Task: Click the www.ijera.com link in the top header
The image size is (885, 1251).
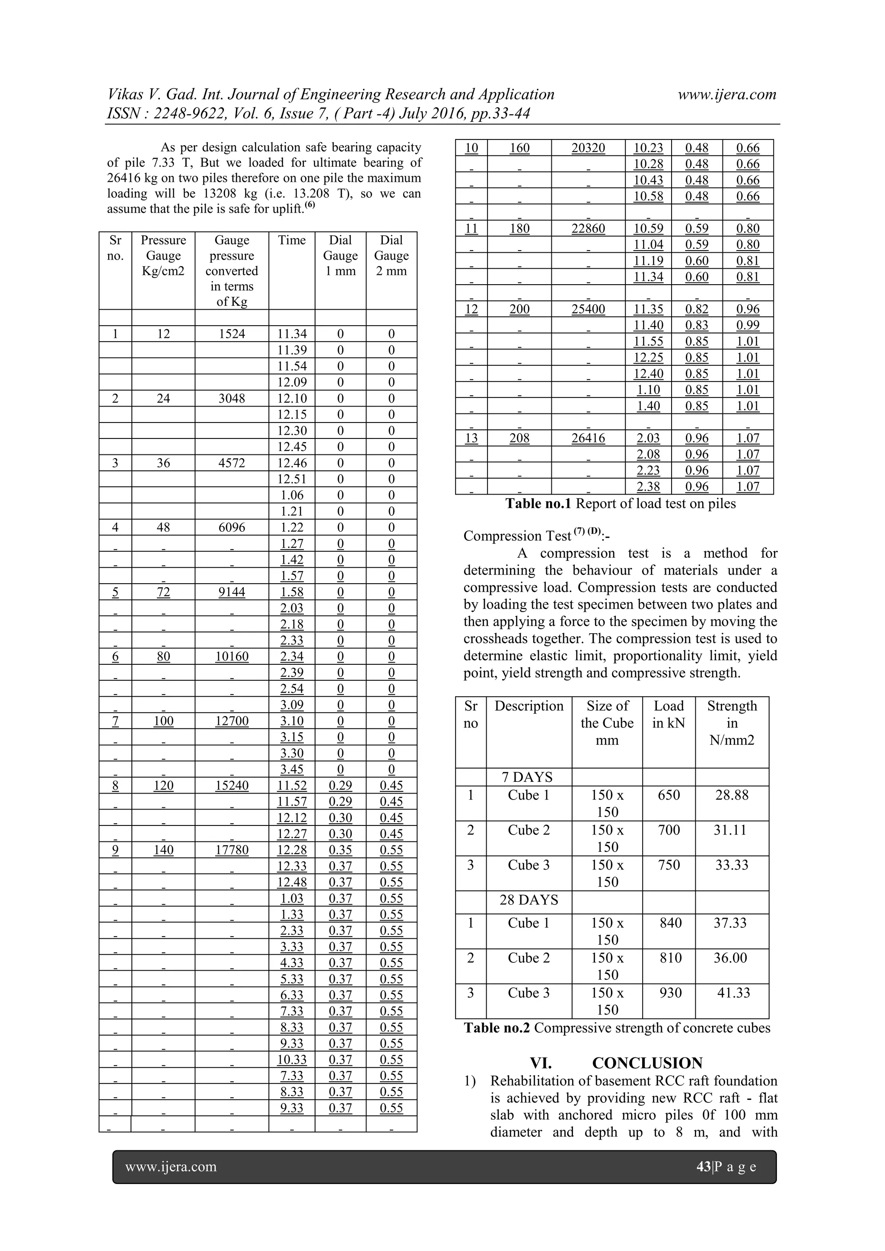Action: coord(726,94)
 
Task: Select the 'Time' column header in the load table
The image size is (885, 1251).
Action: coord(292,240)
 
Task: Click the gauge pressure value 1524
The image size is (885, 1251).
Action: coord(232,334)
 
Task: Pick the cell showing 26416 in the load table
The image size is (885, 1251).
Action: coord(588,438)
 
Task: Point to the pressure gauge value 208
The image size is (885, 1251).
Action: coord(519,438)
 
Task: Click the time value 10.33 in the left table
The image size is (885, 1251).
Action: coord(292,1060)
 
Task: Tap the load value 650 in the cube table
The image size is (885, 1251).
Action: coord(668,795)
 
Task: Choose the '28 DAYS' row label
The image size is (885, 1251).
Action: coord(528,899)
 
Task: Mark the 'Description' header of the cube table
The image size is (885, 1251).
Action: coord(528,706)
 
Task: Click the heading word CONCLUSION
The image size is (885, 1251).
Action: coord(647,1063)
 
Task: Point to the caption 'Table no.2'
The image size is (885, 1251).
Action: coord(497,1028)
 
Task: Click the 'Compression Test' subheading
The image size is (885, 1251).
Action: coord(516,536)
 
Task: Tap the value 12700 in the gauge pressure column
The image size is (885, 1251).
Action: coord(232,721)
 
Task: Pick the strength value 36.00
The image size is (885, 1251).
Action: coord(730,958)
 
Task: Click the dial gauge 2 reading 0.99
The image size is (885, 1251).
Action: coord(747,325)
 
